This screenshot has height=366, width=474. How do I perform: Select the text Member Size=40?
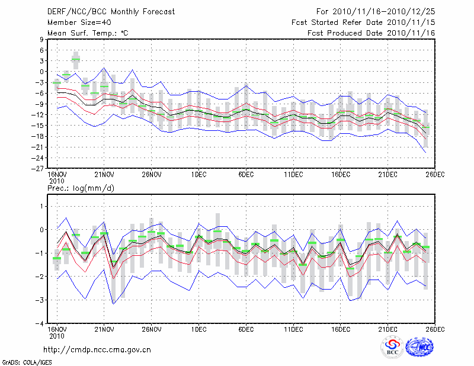point(75,22)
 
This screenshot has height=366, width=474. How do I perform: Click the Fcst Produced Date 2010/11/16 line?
point(372,33)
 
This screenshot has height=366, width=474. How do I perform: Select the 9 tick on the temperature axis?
point(43,40)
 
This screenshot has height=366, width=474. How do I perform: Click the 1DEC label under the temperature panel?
point(198,174)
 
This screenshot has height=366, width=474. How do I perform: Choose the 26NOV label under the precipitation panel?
point(151,330)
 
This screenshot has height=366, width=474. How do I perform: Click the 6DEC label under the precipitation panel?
point(246,330)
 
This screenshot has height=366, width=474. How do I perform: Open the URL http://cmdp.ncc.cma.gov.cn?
point(98,349)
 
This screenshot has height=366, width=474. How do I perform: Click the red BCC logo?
point(392,346)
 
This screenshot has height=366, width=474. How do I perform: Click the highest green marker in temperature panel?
point(76,60)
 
